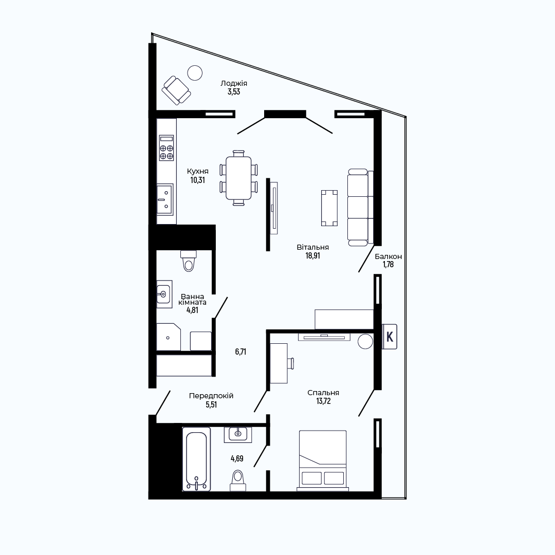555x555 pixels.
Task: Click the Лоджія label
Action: coord(234,83)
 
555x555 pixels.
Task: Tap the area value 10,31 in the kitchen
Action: coord(197,180)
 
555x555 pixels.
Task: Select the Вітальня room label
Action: coord(313,247)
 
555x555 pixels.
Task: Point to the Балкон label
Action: coord(388,256)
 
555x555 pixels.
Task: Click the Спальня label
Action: coord(323,393)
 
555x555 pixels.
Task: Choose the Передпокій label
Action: coord(211,396)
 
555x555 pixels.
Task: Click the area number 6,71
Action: coord(240,351)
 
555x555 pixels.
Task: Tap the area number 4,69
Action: coord(237,458)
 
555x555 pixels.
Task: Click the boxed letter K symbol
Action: coord(390,337)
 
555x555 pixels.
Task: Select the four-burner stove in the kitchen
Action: coord(166,147)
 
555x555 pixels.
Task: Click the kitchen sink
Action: coord(165,199)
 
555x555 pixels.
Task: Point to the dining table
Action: coord(238,178)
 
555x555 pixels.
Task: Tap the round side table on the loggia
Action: coord(195,73)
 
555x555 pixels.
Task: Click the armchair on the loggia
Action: coord(176,90)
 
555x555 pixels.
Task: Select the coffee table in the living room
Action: coord(329,208)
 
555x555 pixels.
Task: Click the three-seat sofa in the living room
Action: coord(360,208)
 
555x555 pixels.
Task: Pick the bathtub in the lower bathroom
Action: coord(196,459)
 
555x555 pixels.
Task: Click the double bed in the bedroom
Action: coord(323,460)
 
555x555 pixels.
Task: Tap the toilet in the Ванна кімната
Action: coord(188,261)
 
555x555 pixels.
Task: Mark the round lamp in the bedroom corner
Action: coord(365,342)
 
